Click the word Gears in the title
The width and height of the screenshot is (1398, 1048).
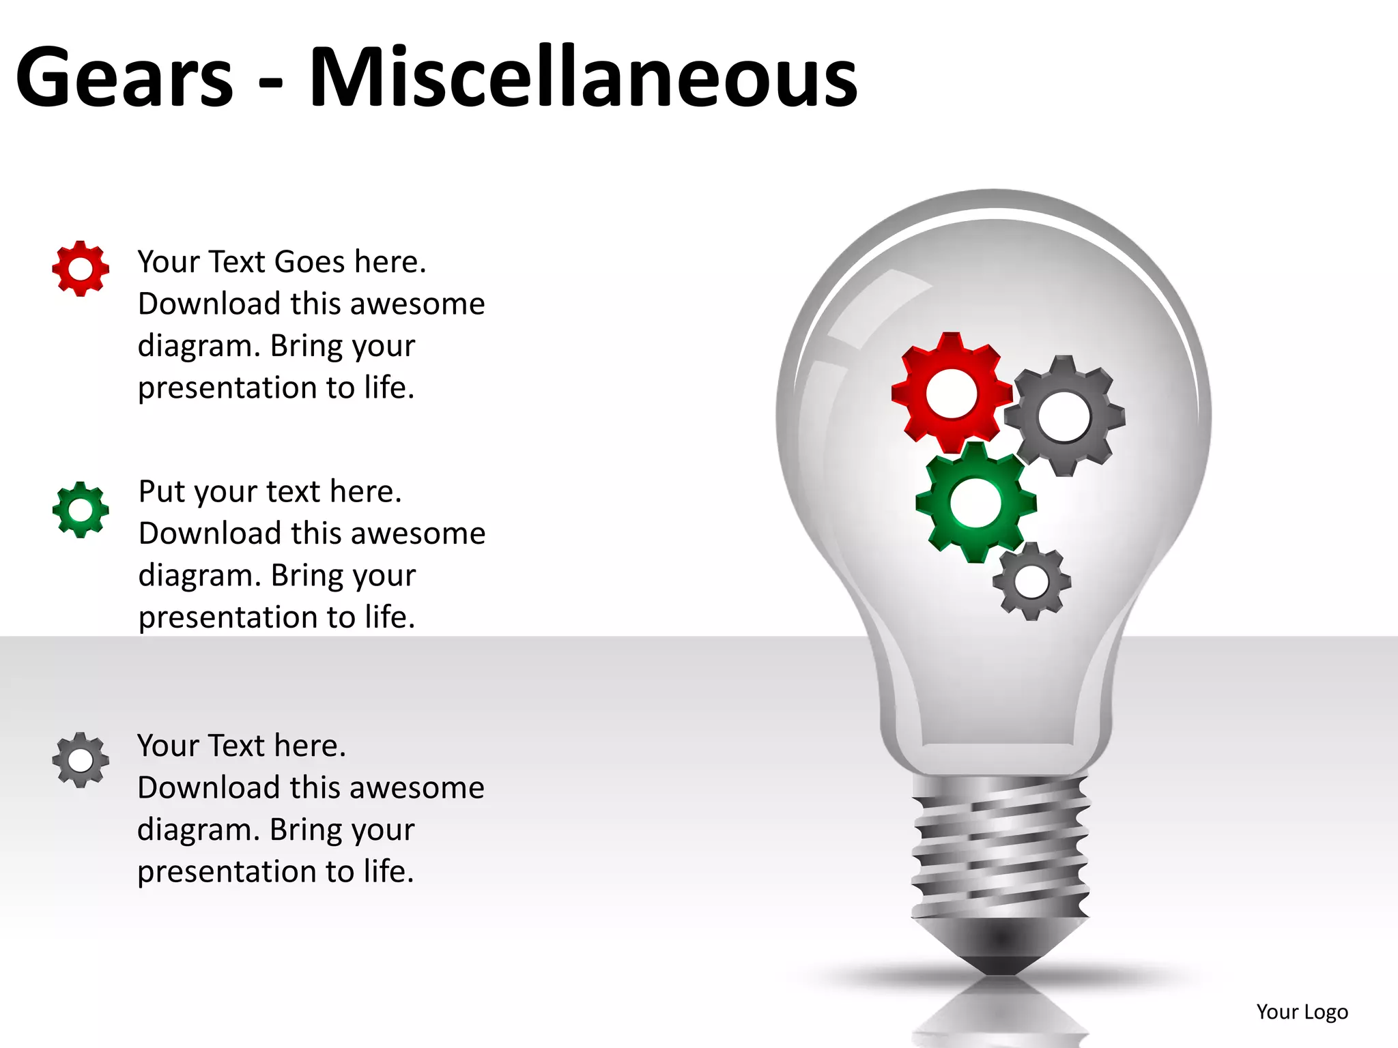tap(125, 76)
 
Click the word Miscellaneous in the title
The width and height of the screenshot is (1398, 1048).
tap(584, 76)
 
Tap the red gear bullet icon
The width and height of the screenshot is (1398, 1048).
tap(81, 269)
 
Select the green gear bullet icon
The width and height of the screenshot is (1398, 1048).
tap(81, 510)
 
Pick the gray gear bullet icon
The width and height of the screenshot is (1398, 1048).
tap(81, 760)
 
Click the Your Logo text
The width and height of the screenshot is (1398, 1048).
tap(1302, 1012)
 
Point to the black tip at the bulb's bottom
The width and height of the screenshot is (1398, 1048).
tap(1001, 959)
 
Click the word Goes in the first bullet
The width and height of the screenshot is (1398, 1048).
tap(310, 262)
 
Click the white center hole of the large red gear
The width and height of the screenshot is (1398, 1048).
tap(952, 394)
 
